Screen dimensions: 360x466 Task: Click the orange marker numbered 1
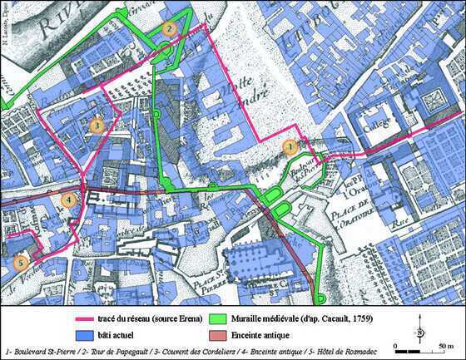(290, 146)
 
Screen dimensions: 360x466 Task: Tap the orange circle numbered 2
(169, 28)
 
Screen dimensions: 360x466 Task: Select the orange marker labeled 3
(97, 126)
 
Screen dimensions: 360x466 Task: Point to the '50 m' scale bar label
(446, 343)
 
